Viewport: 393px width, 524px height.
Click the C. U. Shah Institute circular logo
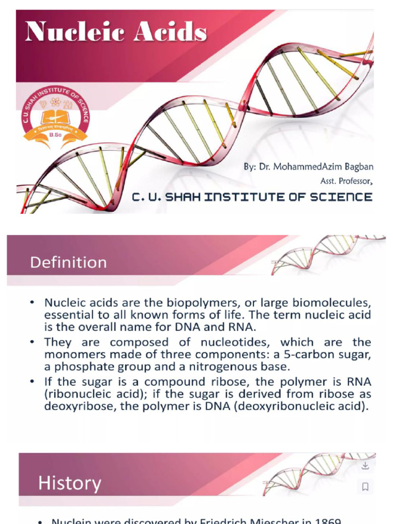pos(55,116)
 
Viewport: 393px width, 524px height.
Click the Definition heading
pos(68,263)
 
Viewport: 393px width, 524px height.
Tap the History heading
pos(70,483)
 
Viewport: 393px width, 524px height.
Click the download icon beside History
pos(365,466)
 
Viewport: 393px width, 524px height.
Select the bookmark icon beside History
pos(365,487)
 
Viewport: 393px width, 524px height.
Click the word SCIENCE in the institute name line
pos(339,196)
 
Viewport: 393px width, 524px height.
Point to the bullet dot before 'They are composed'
pos(33,342)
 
